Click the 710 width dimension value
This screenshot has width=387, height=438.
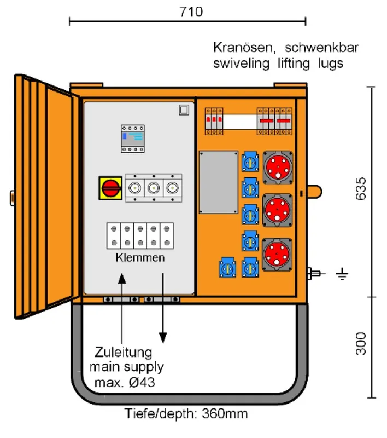(x=191, y=11)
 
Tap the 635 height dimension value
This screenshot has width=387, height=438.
(x=361, y=189)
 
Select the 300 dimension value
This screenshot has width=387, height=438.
(x=361, y=344)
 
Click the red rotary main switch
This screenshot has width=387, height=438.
(x=110, y=188)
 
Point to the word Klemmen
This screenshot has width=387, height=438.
(x=140, y=257)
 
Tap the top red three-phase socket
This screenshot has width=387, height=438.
(x=278, y=168)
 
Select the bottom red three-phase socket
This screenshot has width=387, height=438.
(x=277, y=255)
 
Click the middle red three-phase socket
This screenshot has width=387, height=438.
(x=277, y=210)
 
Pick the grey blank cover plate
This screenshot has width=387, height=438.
(x=219, y=182)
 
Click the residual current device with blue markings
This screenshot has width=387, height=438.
(x=133, y=139)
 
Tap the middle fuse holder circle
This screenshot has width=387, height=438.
(x=154, y=188)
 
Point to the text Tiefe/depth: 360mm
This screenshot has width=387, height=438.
(x=186, y=414)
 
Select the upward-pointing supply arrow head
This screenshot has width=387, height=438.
(x=122, y=278)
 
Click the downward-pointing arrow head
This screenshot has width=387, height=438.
(x=163, y=338)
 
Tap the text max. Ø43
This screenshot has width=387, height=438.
(x=125, y=382)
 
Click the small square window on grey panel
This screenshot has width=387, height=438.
(x=184, y=110)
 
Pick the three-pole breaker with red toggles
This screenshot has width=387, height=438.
(x=214, y=121)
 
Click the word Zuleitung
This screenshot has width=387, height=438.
(x=123, y=353)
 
